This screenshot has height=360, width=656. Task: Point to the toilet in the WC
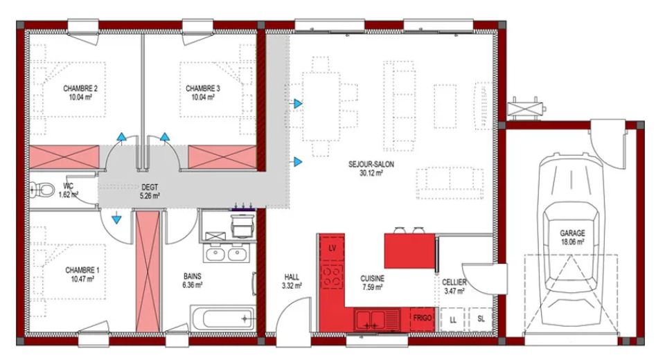(x=42, y=190)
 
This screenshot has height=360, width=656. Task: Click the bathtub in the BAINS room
(x=222, y=318)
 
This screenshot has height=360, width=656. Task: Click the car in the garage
(x=571, y=240)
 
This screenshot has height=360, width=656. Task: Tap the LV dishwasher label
(x=333, y=249)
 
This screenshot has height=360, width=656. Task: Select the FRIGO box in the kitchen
(x=423, y=318)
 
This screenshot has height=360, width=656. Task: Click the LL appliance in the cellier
(x=452, y=319)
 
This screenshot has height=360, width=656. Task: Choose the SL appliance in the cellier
(x=481, y=319)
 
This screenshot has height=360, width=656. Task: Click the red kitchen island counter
(x=409, y=251)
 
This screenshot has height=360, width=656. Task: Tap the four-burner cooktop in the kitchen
(x=333, y=276)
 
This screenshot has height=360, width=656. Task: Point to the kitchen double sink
(x=377, y=320)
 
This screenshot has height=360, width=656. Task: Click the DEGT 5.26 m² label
(x=150, y=192)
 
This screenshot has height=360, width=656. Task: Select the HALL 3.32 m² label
(x=292, y=281)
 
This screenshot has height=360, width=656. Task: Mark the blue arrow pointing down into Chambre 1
(x=116, y=219)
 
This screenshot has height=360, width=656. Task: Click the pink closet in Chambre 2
(x=64, y=157)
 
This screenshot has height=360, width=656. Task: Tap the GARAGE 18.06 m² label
(x=572, y=237)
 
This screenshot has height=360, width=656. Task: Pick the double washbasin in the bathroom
(x=227, y=253)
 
